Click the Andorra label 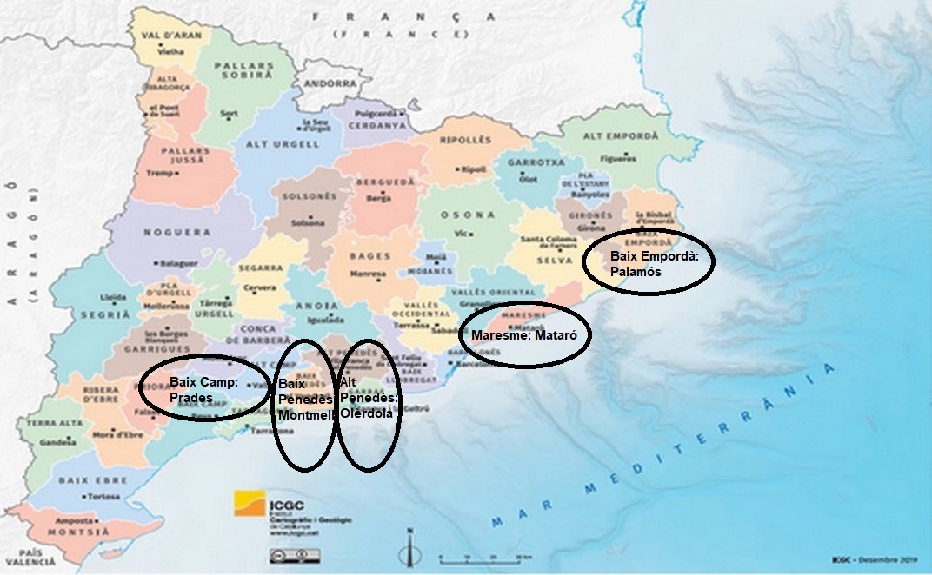[x=331, y=84]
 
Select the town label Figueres [x=620, y=159]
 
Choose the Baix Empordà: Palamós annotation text [x=647, y=263]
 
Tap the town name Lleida [x=113, y=296]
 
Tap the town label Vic [x=461, y=233]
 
